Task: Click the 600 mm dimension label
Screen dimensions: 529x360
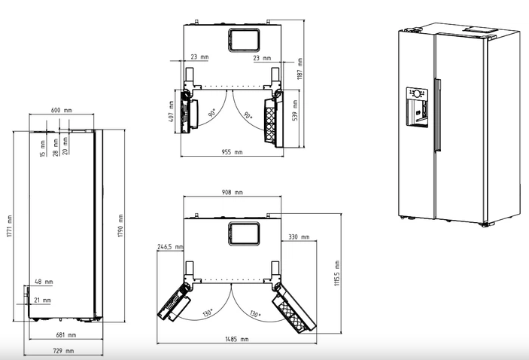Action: [x=62, y=110]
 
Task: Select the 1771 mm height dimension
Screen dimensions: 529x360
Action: [x=10, y=226]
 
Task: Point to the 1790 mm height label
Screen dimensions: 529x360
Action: [x=120, y=225]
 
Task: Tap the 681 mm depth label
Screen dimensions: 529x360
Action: [x=65, y=335]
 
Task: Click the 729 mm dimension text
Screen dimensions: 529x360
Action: [x=63, y=351]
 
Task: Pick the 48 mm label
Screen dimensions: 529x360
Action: [x=44, y=282]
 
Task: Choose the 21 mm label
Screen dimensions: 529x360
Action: [x=42, y=300]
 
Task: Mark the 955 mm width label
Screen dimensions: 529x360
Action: [x=232, y=152]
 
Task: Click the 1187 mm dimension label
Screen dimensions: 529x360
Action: [x=299, y=69]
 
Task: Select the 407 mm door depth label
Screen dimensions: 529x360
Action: [x=171, y=111]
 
